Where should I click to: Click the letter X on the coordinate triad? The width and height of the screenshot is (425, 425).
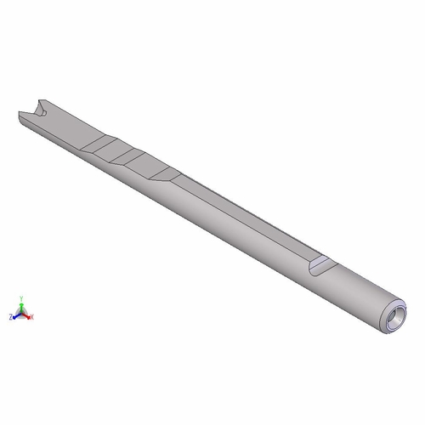pyautogui.click(x=33, y=316)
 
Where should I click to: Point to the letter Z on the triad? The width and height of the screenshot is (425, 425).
pyautogui.click(x=11, y=316)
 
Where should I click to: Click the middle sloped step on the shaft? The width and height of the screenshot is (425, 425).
pyautogui.click(x=133, y=159)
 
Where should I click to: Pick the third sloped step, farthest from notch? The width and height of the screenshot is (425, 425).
pyautogui.click(x=167, y=176)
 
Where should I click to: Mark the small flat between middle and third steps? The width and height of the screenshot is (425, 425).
pyautogui.click(x=149, y=167)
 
